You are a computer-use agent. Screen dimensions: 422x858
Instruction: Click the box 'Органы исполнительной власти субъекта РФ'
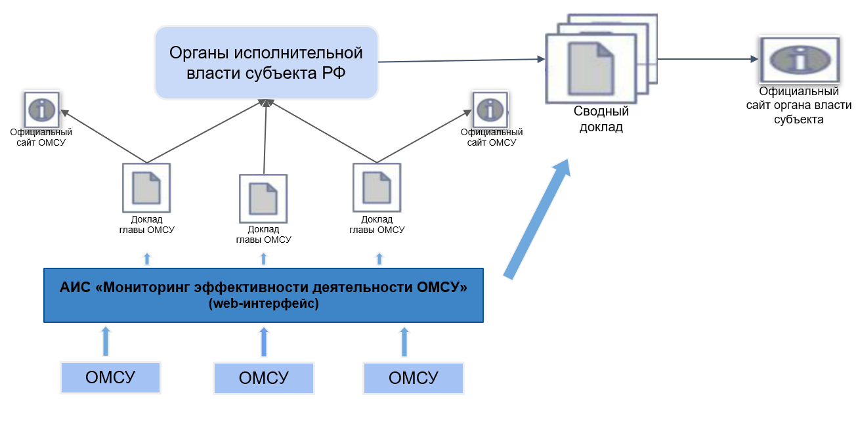coord(267,62)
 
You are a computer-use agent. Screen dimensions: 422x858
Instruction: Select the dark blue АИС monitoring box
coord(263,295)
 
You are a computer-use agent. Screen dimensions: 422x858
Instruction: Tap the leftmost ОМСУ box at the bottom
coord(110,377)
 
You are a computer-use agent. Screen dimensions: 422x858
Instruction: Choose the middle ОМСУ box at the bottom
coord(263,379)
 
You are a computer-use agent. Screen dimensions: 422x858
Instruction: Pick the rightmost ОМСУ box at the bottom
coord(414,378)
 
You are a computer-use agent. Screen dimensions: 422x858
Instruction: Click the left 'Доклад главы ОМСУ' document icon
coord(146,187)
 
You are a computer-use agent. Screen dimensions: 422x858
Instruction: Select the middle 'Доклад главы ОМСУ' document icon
coord(263,198)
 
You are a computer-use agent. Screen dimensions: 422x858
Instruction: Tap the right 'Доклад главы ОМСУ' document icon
coord(377,187)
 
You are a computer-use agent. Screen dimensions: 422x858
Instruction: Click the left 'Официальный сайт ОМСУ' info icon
coord(42,110)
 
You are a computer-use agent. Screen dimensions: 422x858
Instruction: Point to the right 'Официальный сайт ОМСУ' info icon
coord(490,110)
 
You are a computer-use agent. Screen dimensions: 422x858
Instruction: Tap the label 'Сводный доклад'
coord(601,119)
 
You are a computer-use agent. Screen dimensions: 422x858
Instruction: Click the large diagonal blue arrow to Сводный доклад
coord(537,219)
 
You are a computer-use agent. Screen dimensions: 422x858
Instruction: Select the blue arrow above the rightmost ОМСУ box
coord(404,341)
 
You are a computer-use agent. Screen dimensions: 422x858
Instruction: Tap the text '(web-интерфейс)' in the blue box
coord(263,304)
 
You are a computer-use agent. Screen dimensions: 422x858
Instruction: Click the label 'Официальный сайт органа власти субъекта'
coord(799,105)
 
